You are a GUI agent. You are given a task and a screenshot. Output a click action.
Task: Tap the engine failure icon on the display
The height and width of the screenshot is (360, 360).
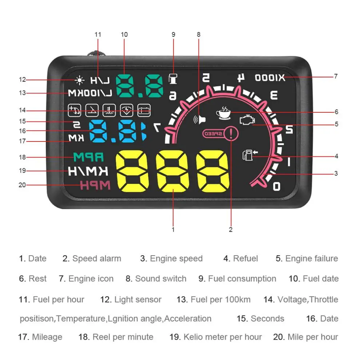[247, 121]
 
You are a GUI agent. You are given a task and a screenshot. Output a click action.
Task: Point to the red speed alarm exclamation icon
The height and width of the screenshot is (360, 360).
[231, 133]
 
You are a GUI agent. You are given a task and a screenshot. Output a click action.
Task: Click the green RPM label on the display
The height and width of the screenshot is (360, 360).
[89, 157]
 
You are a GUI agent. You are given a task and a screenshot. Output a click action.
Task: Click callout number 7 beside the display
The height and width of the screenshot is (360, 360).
[336, 76]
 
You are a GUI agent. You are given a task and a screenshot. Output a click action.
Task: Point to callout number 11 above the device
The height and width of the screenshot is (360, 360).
[98, 35]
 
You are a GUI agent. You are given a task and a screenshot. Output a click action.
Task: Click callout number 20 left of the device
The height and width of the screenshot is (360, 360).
[22, 185]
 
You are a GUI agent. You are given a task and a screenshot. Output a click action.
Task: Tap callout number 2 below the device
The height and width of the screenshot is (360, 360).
[231, 229]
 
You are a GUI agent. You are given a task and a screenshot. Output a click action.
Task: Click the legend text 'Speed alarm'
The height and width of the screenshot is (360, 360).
[96, 259]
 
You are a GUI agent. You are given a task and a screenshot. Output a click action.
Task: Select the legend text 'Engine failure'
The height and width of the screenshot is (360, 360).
[311, 259]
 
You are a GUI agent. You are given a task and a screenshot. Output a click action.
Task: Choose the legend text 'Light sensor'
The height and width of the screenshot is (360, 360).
[138, 300]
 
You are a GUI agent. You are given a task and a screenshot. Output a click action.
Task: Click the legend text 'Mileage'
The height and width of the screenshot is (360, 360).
[47, 337]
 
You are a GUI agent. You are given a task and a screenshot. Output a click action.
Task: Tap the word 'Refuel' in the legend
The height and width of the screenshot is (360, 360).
[245, 259]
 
